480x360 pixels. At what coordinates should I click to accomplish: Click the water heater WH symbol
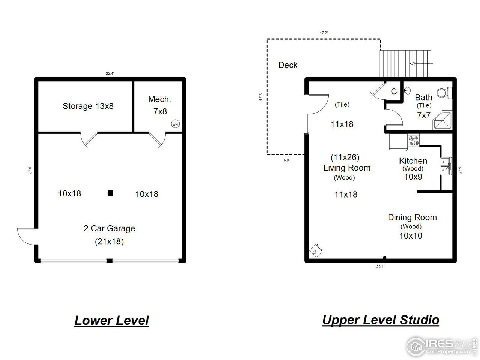(x=175, y=124)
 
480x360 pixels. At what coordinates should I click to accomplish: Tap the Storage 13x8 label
(x=88, y=106)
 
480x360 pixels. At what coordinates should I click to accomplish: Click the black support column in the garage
(x=110, y=193)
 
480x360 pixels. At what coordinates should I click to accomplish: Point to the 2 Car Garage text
(x=109, y=228)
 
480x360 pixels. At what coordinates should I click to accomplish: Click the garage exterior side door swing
(x=25, y=235)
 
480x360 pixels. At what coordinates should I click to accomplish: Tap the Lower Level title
(x=111, y=321)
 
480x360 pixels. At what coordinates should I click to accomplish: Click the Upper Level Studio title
(x=380, y=320)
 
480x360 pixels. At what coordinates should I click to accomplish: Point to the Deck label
(x=288, y=65)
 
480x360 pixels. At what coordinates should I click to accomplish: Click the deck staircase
(x=406, y=64)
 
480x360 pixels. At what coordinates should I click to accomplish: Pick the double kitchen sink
(x=445, y=166)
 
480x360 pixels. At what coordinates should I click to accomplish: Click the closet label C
(x=394, y=91)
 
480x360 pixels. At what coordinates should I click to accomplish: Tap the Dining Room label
(x=412, y=217)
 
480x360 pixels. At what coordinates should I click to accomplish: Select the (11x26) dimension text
(x=345, y=157)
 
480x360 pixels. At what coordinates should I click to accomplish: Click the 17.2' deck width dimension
(x=324, y=33)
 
